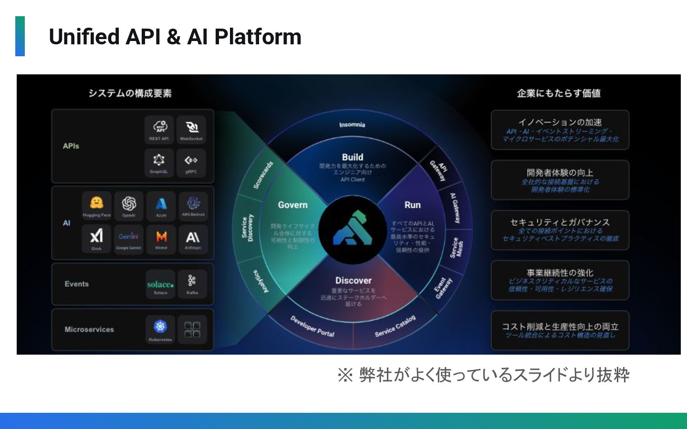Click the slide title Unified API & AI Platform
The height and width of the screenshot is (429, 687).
point(175,37)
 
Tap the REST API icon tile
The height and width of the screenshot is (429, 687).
point(159,129)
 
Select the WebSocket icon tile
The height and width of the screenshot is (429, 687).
point(191,129)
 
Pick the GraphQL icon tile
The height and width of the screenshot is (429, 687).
point(159,163)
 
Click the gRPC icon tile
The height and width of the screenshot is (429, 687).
point(191,163)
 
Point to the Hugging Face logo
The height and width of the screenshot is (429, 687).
point(96,204)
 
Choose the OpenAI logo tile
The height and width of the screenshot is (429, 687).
point(129,206)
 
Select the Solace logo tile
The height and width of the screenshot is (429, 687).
point(160,285)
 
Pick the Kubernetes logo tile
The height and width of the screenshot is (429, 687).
point(160,329)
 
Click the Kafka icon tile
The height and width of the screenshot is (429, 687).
point(192,284)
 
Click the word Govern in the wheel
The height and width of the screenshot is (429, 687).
point(293,205)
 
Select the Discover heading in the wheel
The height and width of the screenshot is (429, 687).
point(353,281)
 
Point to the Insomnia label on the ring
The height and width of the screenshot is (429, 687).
point(352,125)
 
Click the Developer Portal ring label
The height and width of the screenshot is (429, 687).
point(312,326)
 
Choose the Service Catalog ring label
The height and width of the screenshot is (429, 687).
point(395,326)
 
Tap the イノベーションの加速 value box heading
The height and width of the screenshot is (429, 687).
point(560,122)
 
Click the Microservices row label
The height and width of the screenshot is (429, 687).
point(89,329)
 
